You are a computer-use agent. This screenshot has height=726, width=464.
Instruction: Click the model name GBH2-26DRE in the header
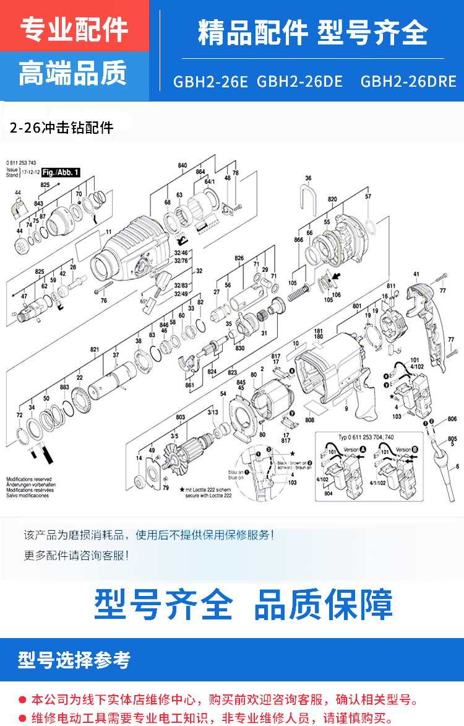click(x=408, y=82)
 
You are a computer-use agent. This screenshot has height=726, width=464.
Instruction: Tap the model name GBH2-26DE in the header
click(x=299, y=82)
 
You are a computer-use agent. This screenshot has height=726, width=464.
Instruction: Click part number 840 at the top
click(x=183, y=166)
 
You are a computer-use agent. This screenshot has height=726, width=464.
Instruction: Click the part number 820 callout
click(x=332, y=200)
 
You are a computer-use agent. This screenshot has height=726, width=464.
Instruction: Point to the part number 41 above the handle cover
click(x=416, y=274)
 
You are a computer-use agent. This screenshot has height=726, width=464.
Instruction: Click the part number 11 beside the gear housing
click(x=108, y=232)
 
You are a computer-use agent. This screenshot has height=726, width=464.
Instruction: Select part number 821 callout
click(x=95, y=350)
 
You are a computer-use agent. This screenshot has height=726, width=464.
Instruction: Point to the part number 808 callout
click(x=309, y=421)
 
